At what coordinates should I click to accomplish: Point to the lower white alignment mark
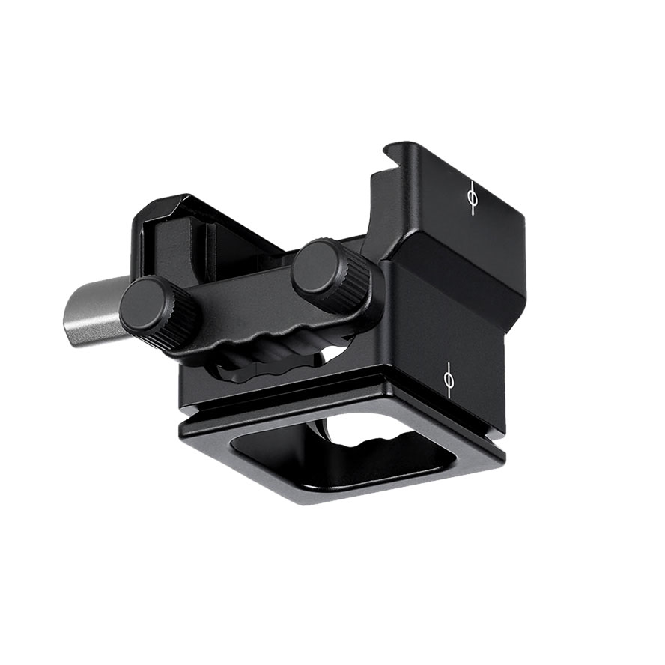click(x=449, y=380)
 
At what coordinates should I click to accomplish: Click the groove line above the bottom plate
click(x=300, y=404)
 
